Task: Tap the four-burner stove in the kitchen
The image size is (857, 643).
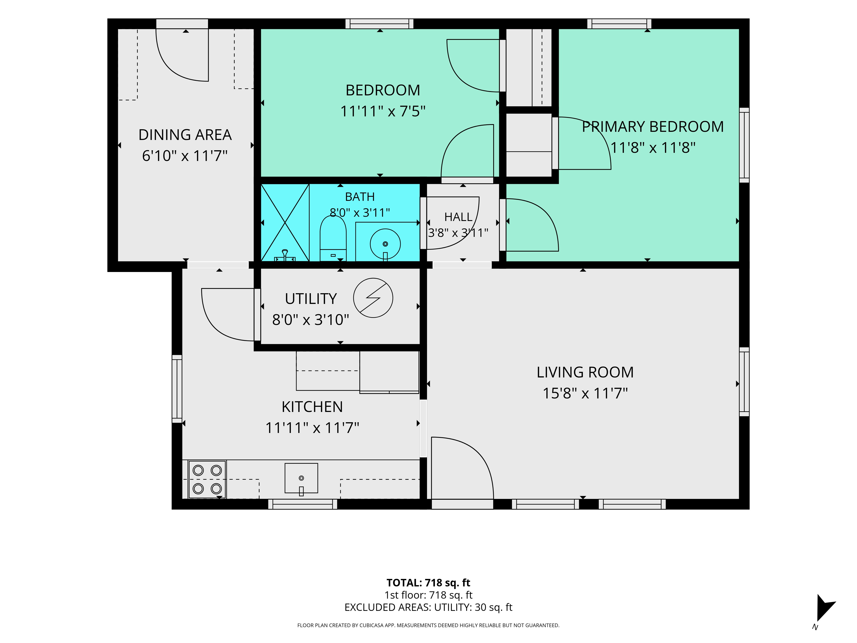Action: [207, 479]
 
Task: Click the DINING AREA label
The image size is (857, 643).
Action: [185, 135]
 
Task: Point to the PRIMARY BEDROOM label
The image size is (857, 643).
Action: [653, 127]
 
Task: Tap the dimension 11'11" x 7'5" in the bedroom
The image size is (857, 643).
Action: [383, 111]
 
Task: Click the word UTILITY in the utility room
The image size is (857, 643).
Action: [311, 299]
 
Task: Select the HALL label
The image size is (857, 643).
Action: [458, 217]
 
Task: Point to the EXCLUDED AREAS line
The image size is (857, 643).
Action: [428, 607]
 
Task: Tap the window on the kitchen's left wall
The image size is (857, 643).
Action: [177, 389]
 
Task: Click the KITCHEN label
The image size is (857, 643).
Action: [312, 407]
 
